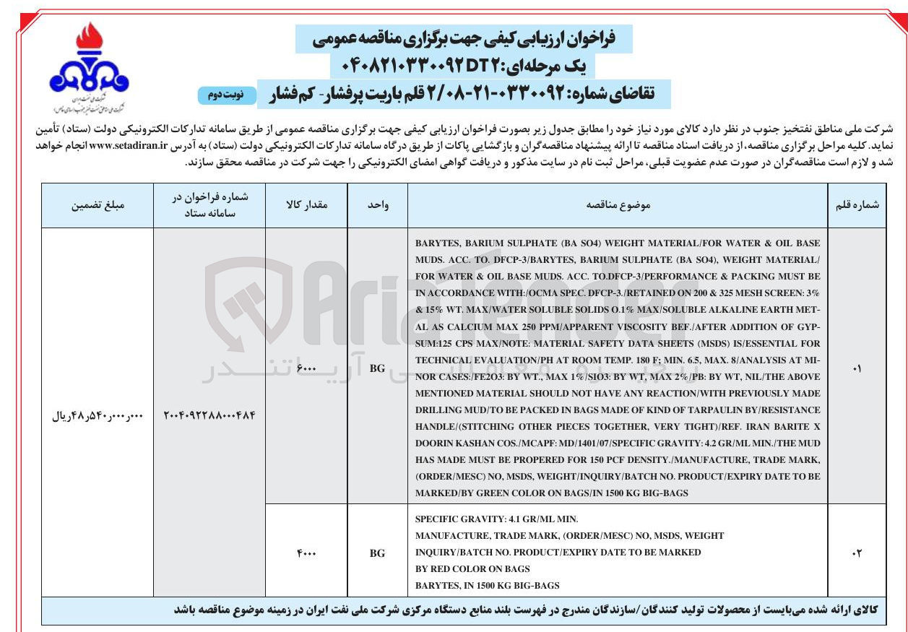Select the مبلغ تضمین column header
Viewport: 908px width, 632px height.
(98, 205)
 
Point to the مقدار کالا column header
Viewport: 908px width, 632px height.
(307, 205)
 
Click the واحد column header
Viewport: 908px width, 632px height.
(377, 205)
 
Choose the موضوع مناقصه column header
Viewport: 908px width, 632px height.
(618, 205)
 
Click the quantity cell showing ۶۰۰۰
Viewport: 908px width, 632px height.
(307, 368)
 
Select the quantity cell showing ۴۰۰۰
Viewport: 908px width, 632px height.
(307, 553)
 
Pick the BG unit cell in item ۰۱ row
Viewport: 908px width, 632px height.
(377, 368)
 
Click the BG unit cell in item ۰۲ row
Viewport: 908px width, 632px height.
(377, 553)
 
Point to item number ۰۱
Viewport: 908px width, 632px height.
(857, 368)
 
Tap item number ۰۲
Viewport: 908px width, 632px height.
(857, 553)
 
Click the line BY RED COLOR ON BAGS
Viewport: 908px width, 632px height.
(472, 568)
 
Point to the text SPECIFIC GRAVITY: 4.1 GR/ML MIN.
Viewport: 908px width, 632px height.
(497, 519)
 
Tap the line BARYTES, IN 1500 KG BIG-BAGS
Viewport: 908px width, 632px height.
(488, 585)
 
